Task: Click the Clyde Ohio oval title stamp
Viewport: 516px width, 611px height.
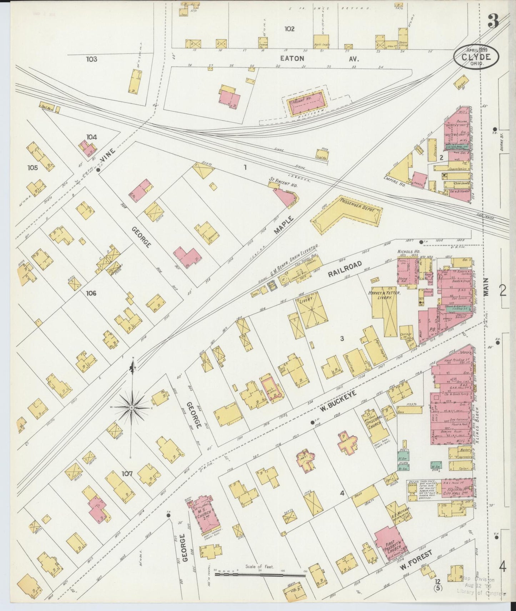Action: click(476, 57)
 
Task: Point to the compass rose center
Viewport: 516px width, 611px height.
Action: click(132, 407)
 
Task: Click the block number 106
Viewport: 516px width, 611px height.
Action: click(91, 293)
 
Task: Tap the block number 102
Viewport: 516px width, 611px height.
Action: click(289, 29)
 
